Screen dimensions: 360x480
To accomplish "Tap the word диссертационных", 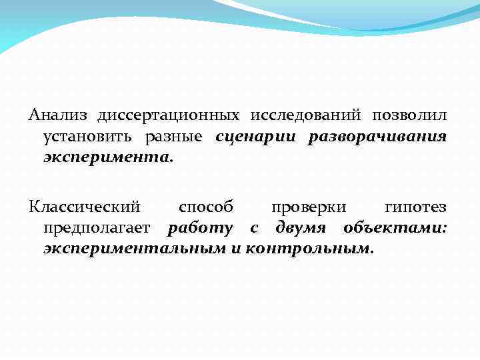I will [x=168, y=116].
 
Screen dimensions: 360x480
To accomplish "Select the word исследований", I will [x=301, y=116].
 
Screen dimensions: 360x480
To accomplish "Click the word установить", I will [x=89, y=138].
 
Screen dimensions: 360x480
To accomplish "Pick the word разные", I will [x=174, y=138].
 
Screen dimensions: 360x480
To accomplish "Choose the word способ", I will [x=206, y=207].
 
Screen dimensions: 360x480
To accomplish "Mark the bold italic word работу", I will [x=200, y=229].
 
